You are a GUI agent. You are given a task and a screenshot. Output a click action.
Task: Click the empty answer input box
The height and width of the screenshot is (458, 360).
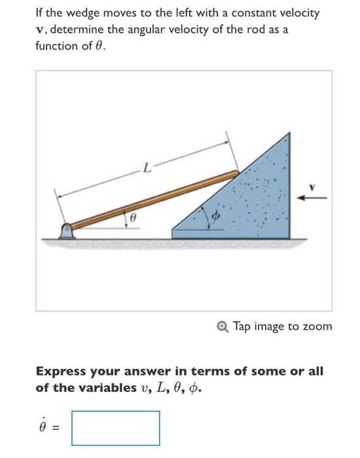pos(115,427)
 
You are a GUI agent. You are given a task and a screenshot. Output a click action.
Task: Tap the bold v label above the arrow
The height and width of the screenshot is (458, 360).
pos(313,186)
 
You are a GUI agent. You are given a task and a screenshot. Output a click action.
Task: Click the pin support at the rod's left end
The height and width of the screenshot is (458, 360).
pos(66,230)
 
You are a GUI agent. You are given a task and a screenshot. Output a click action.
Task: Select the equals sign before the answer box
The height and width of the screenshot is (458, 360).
pos(56,428)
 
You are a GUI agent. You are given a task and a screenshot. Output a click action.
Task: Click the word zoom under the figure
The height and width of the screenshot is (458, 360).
pos(319,326)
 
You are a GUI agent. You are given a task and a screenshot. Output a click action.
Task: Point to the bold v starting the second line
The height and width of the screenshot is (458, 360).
pos(38,31)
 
